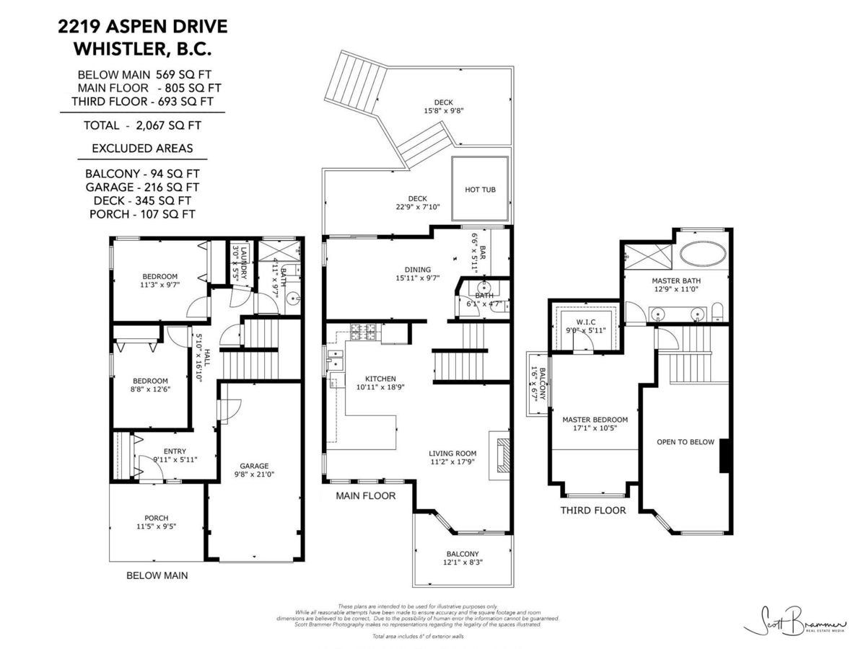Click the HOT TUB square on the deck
click(481, 189)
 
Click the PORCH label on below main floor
click(157, 518)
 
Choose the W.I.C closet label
click(584, 322)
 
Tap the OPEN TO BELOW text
click(685, 442)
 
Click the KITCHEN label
click(380, 379)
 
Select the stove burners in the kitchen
click(365, 332)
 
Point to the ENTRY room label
click(175, 451)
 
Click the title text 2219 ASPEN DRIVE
click(142, 27)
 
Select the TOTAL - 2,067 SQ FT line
click(142, 125)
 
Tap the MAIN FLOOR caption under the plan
click(365, 495)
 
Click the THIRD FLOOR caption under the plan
click(593, 510)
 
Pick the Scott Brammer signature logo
click(793, 619)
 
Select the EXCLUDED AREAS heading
click(142, 149)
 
